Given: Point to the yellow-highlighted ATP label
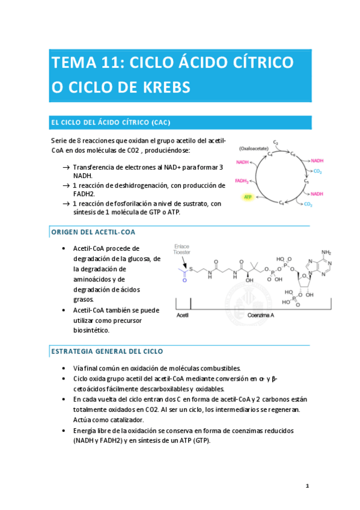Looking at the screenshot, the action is [x=247, y=197].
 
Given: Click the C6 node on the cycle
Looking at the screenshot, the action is [x=293, y=154].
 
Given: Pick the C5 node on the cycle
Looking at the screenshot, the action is [x=307, y=180].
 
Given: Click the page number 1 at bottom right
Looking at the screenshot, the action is [x=307, y=486].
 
